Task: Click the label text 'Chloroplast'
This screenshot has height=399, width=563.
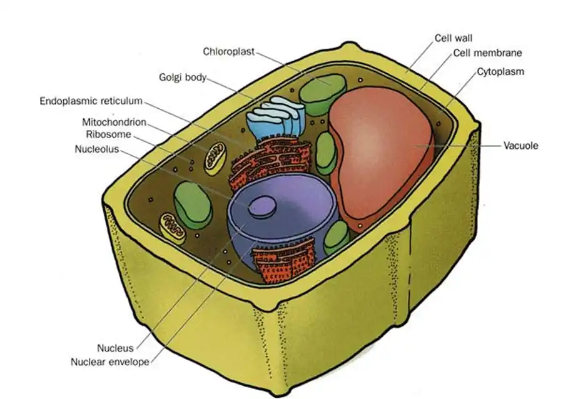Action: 228,51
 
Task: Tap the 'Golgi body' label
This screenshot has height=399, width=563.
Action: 182,78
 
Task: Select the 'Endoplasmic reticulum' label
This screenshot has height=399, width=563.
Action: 91,101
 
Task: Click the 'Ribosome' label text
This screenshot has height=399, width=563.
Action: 108,134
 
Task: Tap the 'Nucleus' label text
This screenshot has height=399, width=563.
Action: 115,348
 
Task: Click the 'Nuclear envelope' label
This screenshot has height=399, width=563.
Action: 110,361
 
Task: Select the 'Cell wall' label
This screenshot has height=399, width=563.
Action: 453,38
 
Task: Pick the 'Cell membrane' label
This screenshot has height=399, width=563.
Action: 488,53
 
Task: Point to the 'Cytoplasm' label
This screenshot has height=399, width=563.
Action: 500,71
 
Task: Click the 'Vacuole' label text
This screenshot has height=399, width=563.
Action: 520,146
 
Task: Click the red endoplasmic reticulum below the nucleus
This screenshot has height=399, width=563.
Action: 282,260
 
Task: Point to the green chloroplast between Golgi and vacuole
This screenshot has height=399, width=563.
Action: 325,153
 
